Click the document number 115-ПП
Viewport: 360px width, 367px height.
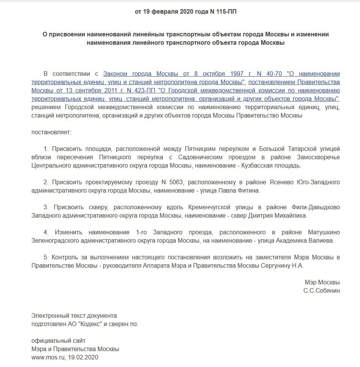226,12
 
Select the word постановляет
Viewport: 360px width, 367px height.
51,133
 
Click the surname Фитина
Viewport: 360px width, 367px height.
250,191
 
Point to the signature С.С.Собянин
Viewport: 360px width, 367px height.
321,290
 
